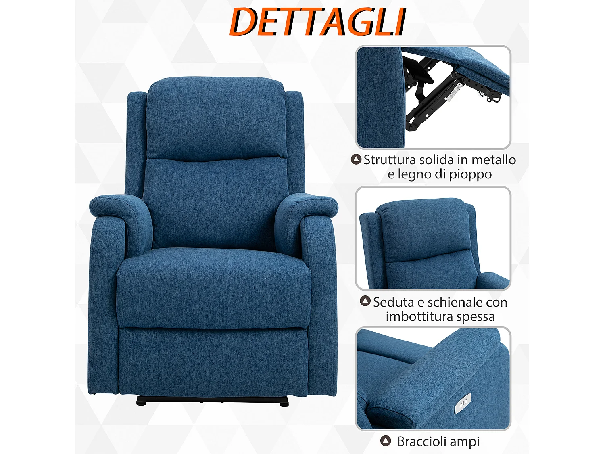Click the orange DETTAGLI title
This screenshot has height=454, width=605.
(x=317, y=22)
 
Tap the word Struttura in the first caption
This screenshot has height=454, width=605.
(x=390, y=160)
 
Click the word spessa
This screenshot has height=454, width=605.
(x=474, y=317)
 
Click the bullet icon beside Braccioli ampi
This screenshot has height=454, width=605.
(x=386, y=441)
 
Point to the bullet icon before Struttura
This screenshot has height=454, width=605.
(x=356, y=159)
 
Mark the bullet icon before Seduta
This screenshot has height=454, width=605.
(x=365, y=301)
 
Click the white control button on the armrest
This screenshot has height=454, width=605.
(x=463, y=404)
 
